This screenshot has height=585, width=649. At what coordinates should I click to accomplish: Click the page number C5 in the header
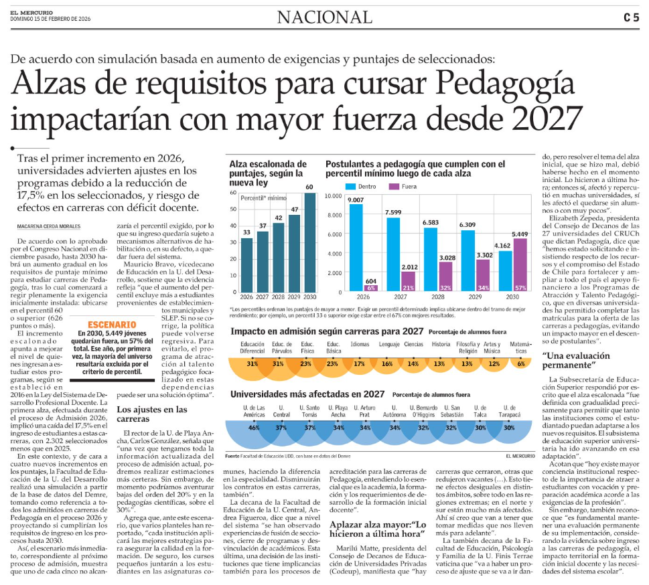pos(630,17)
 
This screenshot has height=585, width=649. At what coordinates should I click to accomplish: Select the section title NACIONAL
pos(324,17)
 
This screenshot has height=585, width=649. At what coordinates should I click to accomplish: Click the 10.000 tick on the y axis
pos(333,196)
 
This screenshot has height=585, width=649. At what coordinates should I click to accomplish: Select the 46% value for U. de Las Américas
pos(254,426)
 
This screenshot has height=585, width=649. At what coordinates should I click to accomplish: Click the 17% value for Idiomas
pos(359,363)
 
